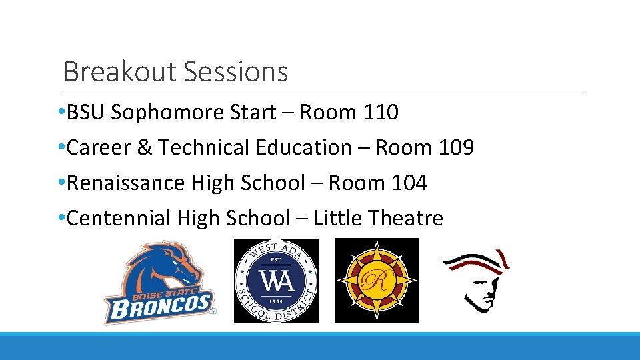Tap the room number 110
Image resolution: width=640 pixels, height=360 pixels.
pyautogui.click(x=381, y=113)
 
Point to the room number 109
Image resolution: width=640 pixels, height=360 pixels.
pyautogui.click(x=456, y=147)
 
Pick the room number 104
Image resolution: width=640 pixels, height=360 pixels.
pyautogui.click(x=409, y=183)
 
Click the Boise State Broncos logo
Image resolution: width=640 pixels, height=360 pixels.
pyautogui.click(x=159, y=281)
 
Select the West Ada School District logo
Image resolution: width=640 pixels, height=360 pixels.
pyautogui.click(x=276, y=281)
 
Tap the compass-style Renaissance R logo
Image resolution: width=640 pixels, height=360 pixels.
pyautogui.click(x=377, y=281)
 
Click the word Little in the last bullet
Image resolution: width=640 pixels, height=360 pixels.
pyautogui.click(x=337, y=218)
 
